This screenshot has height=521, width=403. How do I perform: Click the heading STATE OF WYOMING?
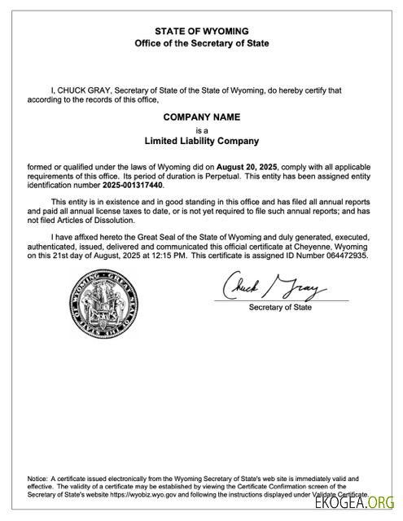click(201, 30)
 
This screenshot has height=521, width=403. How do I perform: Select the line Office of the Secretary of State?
click(201, 42)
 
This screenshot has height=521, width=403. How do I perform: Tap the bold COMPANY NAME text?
click(202, 117)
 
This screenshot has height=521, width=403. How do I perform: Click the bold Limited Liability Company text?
click(202, 140)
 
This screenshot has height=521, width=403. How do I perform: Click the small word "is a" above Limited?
click(202, 129)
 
